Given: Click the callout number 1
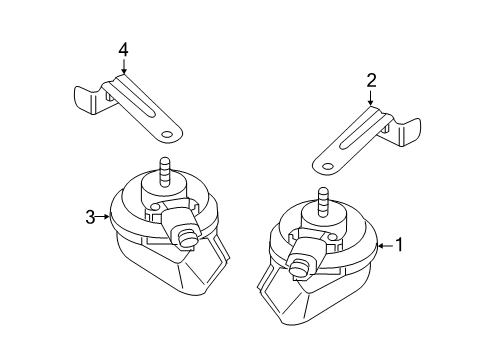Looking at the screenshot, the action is [399, 245].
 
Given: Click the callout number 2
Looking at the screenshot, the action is [371, 81].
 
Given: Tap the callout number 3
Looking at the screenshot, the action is [90, 217].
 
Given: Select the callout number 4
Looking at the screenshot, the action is [123, 50].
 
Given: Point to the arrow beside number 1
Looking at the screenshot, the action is [385, 246].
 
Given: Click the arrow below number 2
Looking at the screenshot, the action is [371, 98].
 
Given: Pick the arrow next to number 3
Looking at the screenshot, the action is [103, 217].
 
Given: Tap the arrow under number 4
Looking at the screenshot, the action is [124, 66].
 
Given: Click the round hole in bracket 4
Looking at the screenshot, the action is [166, 135].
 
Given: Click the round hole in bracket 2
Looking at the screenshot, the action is [328, 167].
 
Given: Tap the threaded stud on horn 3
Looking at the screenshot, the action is [164, 171].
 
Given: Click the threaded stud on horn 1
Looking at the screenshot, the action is [322, 201].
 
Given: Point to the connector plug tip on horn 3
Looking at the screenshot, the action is [185, 239].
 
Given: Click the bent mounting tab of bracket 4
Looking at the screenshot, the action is [85, 99].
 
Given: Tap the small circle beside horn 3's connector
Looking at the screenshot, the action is [154, 207].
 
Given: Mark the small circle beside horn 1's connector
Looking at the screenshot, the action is [331, 237].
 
